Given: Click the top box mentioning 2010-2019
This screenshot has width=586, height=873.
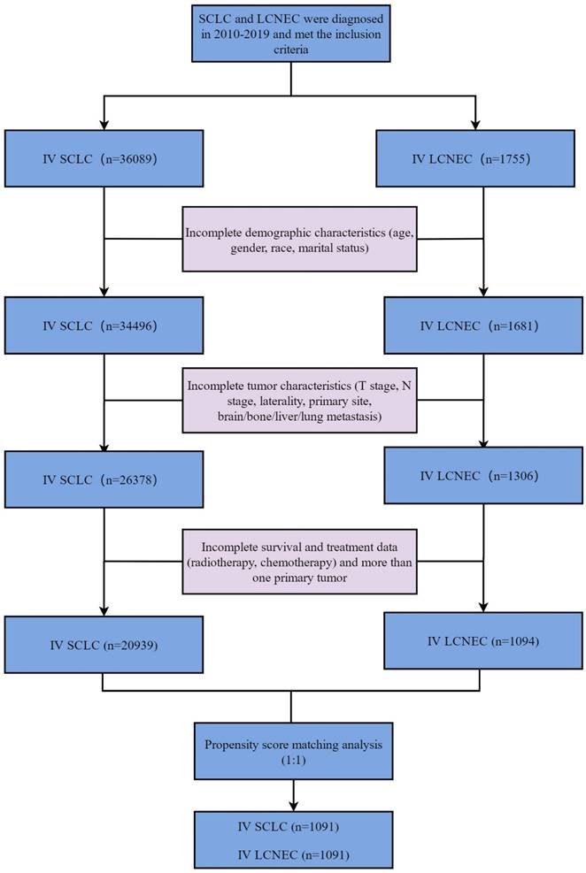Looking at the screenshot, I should [x=292, y=33].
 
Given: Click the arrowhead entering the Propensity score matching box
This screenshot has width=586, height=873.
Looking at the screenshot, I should [x=291, y=718].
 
